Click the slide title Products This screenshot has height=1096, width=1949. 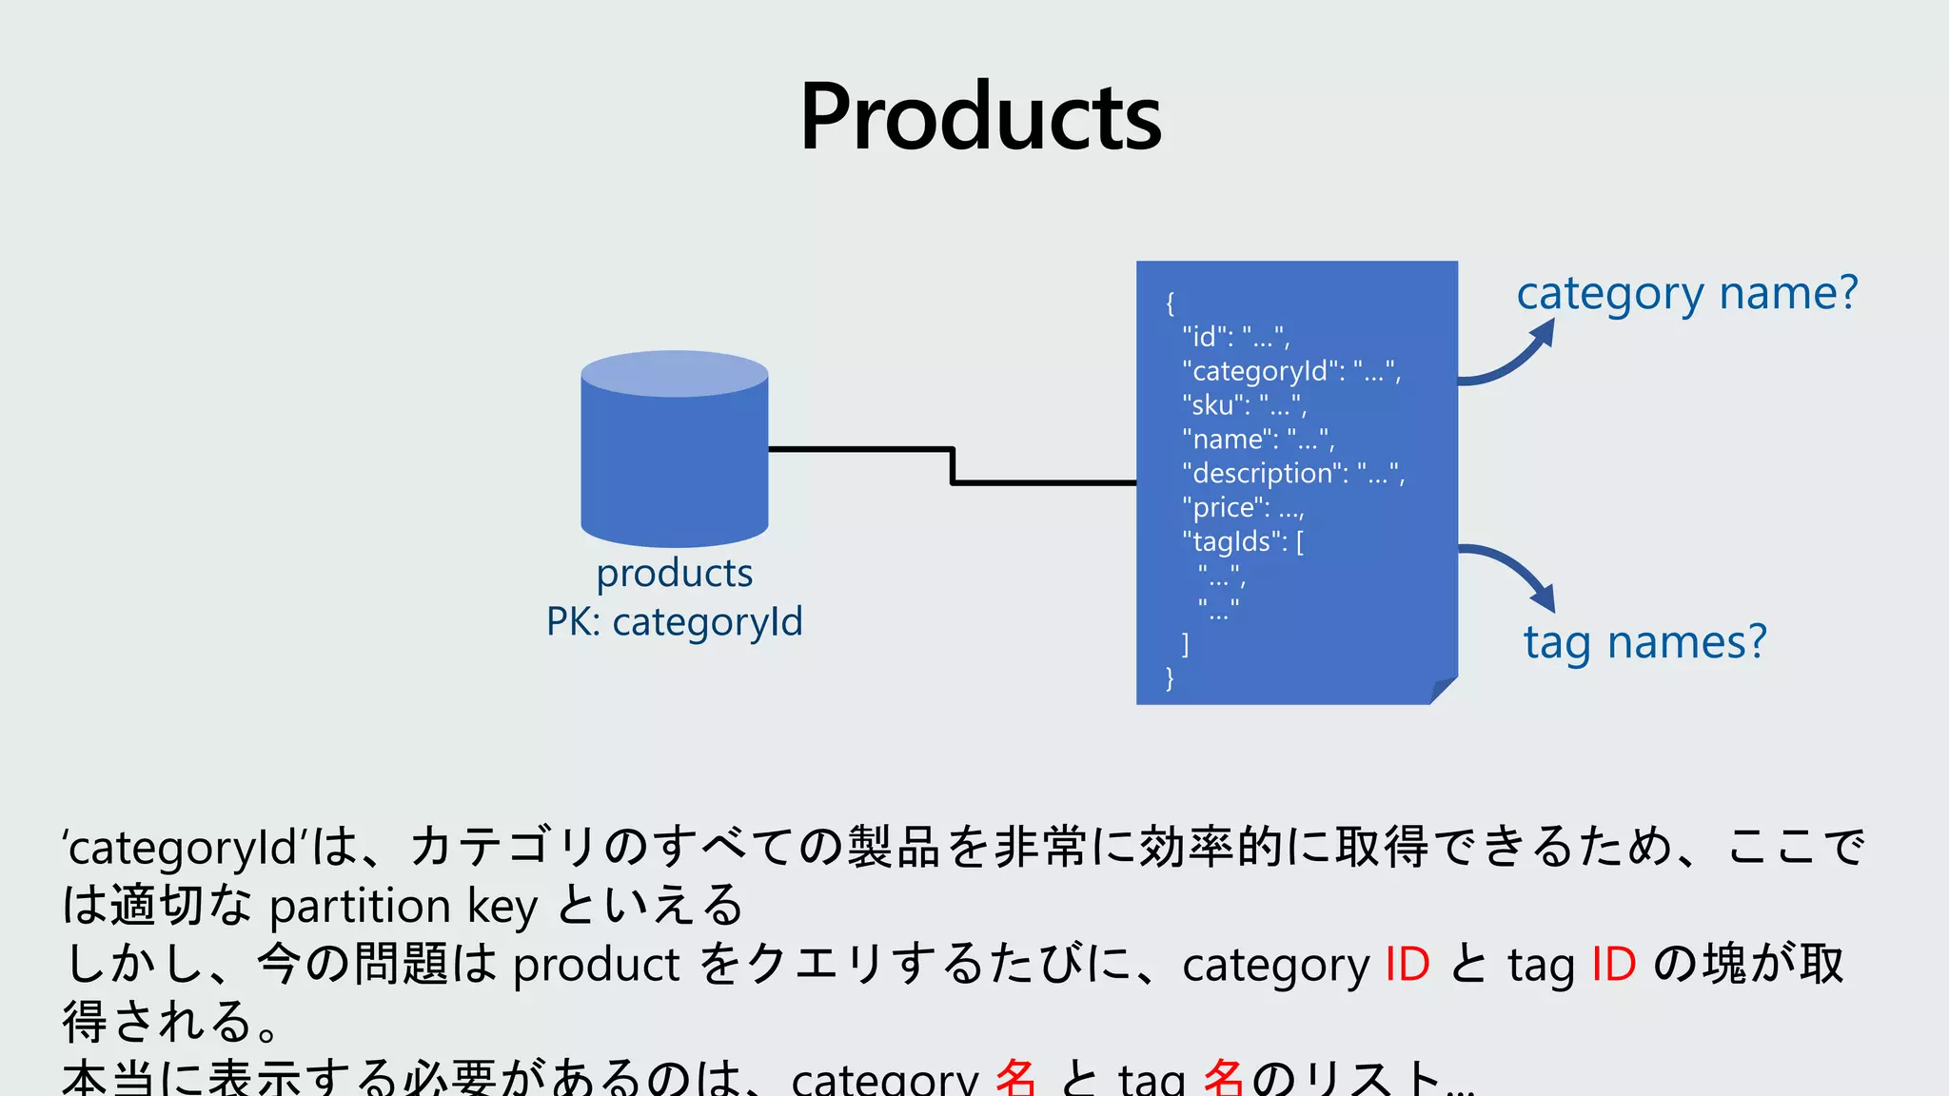click(x=980, y=116)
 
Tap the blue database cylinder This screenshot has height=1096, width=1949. click(x=674, y=449)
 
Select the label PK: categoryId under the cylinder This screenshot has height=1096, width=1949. click(x=674, y=622)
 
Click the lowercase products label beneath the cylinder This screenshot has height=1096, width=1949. click(x=674, y=573)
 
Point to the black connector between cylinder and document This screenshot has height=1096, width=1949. click(x=952, y=466)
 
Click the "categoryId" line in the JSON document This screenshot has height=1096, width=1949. click(x=1291, y=370)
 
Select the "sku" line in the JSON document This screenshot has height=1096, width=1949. click(x=1244, y=404)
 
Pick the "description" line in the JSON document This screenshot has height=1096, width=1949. click(x=1292, y=473)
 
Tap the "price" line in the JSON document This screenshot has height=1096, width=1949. click(x=1242, y=507)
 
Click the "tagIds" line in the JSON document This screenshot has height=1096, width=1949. click(x=1242, y=541)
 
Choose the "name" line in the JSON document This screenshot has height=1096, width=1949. click(x=1257, y=439)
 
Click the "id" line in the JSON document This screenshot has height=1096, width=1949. click(x=1235, y=336)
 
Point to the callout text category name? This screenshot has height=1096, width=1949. click(x=1686, y=293)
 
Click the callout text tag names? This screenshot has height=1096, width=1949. click(x=1644, y=642)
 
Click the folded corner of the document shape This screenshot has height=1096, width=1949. click(x=1443, y=689)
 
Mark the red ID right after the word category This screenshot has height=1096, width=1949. click(x=1407, y=964)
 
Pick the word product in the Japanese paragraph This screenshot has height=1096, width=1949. click(x=596, y=965)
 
